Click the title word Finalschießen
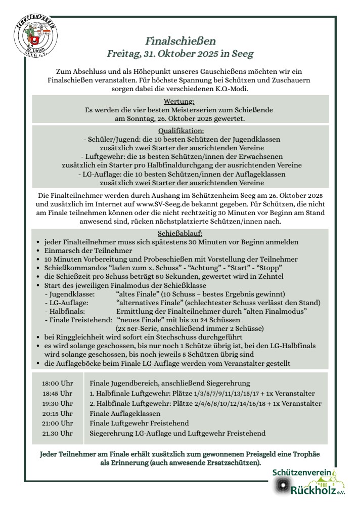coord(181,40)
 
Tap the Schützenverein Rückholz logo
coord(309,481)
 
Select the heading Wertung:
coord(180,101)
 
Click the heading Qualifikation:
coord(181,131)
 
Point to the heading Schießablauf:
coord(181,233)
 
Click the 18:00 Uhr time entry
coord(57,384)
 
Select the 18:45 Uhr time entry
coord(57,394)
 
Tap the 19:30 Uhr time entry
coord(57,404)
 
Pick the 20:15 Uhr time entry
coord(57,413)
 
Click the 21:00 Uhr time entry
coord(57,423)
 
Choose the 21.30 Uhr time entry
coord(57,434)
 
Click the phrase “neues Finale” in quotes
coord(139,320)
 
